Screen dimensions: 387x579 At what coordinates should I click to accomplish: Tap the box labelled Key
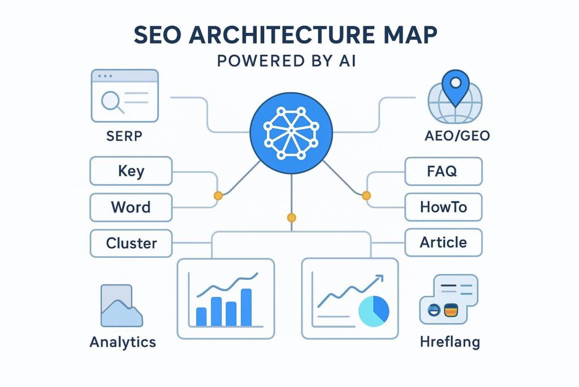click(131, 171)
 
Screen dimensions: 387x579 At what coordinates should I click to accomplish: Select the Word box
click(131, 207)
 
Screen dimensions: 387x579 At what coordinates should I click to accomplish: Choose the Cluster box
click(131, 244)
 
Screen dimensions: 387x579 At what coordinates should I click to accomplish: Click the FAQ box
click(444, 171)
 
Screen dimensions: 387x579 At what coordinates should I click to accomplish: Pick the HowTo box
click(444, 207)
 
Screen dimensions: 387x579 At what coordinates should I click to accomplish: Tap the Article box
click(444, 243)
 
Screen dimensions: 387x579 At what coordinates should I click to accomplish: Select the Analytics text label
click(122, 342)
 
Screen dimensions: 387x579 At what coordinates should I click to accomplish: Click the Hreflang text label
click(450, 342)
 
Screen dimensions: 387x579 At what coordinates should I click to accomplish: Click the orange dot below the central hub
click(291, 217)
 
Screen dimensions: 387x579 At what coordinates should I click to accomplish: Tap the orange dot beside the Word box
click(217, 195)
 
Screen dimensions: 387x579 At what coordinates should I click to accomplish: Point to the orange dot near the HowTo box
click(365, 195)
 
